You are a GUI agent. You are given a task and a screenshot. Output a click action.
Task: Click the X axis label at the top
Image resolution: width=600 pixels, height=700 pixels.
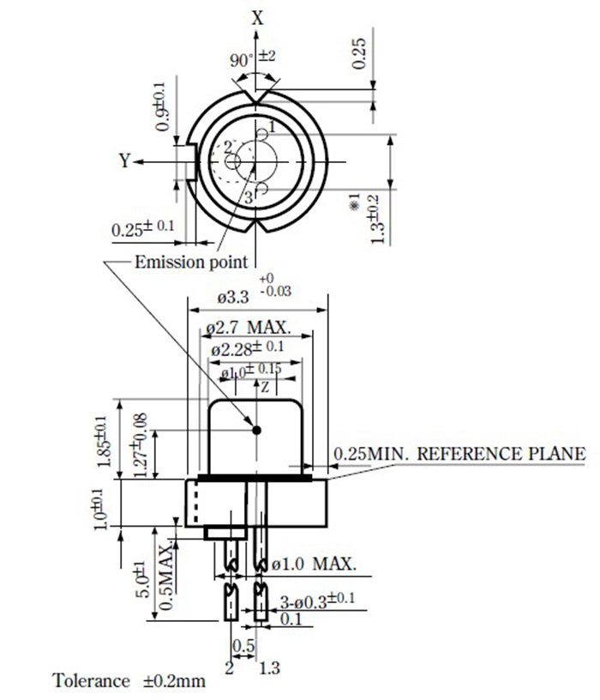pyautogui.click(x=258, y=15)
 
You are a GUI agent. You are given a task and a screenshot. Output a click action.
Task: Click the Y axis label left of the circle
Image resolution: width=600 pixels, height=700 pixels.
pyautogui.click(x=125, y=160)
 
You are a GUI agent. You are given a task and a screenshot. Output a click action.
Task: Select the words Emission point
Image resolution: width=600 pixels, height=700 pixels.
pyautogui.click(x=191, y=262)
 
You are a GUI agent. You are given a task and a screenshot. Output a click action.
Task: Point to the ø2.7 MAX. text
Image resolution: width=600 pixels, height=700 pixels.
pyautogui.click(x=249, y=328)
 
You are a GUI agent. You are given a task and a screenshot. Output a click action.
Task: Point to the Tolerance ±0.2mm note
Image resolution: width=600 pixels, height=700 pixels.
pyautogui.click(x=129, y=681)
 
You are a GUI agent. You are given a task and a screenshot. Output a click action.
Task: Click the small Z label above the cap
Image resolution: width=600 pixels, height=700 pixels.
pyautogui.click(x=266, y=388)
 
